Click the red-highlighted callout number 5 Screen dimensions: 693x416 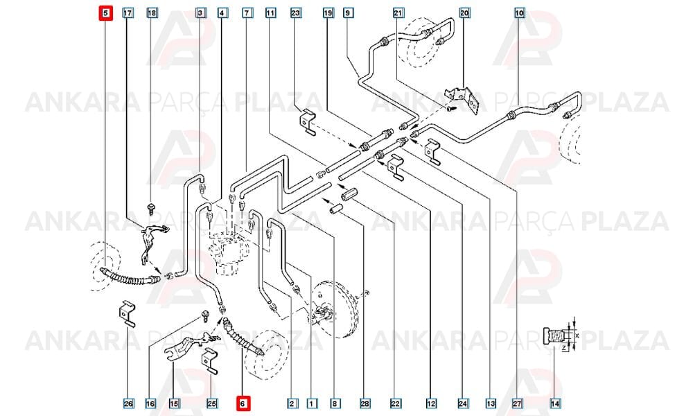(105, 13)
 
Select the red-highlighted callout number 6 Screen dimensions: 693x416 (243, 404)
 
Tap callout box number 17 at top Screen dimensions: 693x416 (128, 12)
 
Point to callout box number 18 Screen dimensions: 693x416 (152, 12)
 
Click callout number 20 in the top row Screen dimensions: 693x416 (464, 12)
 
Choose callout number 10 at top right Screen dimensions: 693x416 (520, 12)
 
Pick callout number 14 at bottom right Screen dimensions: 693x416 (556, 404)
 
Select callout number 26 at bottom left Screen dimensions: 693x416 (128, 404)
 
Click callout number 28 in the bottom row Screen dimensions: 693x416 (365, 404)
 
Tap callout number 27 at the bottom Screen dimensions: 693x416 (518, 404)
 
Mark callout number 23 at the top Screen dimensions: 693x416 (296, 12)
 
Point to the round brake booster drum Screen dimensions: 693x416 (334, 308)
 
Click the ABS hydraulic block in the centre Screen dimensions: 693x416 (227, 250)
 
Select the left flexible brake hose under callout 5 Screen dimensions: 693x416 (130, 277)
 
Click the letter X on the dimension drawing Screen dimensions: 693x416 (577, 336)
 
